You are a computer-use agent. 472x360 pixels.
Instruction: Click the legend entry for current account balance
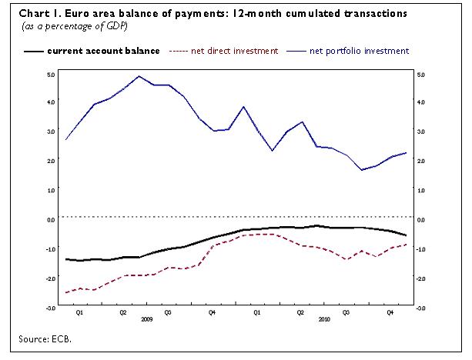(x=103, y=51)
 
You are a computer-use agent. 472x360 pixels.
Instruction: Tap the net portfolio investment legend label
(x=359, y=51)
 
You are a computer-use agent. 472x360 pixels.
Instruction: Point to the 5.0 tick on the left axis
(x=50, y=74)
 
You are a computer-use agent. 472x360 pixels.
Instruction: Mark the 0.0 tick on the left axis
(x=50, y=219)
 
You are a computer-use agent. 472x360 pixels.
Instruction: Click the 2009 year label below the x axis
(x=146, y=319)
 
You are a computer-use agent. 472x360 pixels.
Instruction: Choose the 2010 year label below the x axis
(x=324, y=319)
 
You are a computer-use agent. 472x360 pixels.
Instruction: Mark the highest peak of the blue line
(x=139, y=76)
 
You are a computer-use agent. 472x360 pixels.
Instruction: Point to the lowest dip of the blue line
(x=362, y=170)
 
